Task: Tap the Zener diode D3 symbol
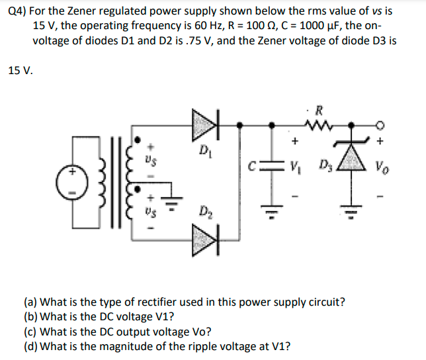[355, 162]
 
